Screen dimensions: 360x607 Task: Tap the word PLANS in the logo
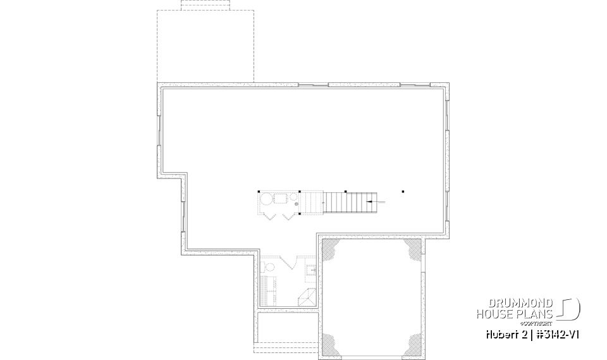pos(537,313)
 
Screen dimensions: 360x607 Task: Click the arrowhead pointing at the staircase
pos(369,201)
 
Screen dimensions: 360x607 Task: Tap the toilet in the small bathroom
pos(312,271)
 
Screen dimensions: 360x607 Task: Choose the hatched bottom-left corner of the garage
pos(331,342)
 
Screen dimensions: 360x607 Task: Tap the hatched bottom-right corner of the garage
pos(413,342)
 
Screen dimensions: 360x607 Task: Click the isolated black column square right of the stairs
pos(403,191)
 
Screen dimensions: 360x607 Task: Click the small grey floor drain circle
pos(296,204)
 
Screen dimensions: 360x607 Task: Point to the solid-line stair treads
pos(347,202)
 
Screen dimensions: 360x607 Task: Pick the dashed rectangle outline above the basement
pos(205,46)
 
